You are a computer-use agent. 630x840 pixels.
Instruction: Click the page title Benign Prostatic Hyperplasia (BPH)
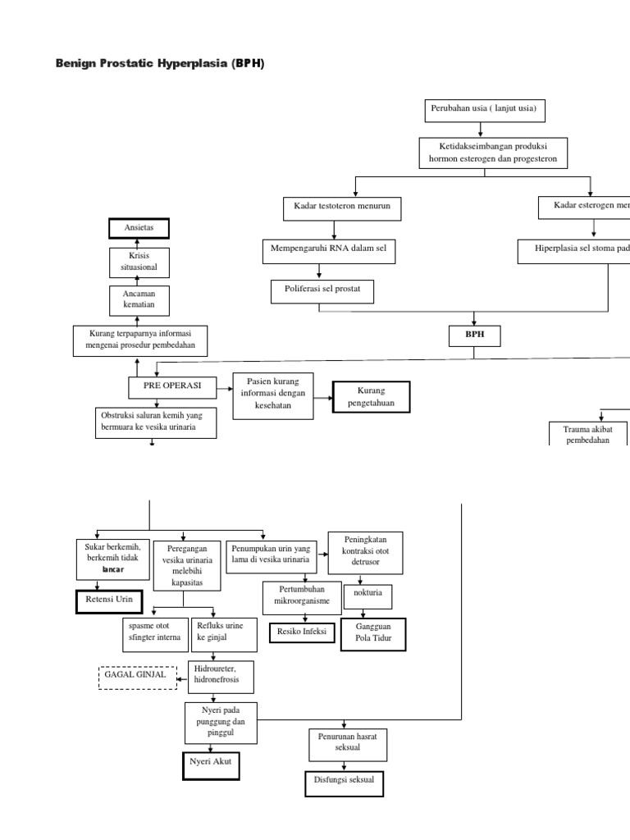[160, 63]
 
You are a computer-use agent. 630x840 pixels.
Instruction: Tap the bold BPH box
[474, 335]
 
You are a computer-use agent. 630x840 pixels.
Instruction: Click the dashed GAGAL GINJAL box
[137, 677]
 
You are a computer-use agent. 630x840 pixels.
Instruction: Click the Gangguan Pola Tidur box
[373, 634]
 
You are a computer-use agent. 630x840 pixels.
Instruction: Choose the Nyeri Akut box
[211, 763]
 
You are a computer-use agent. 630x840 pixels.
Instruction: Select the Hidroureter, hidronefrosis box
[221, 676]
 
